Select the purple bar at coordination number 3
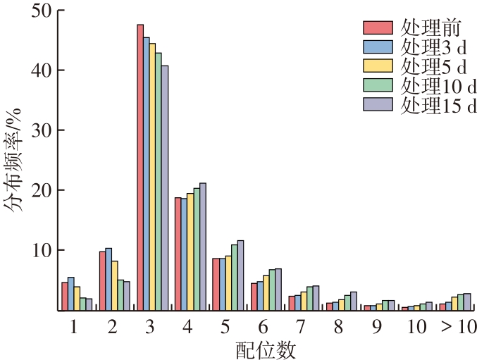[165, 188]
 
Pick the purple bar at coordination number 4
[203, 247]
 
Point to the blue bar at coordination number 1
[70, 294]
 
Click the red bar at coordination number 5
[216, 284]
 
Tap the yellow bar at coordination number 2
[115, 285]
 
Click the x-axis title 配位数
[266, 349]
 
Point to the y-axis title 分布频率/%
[16, 161]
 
